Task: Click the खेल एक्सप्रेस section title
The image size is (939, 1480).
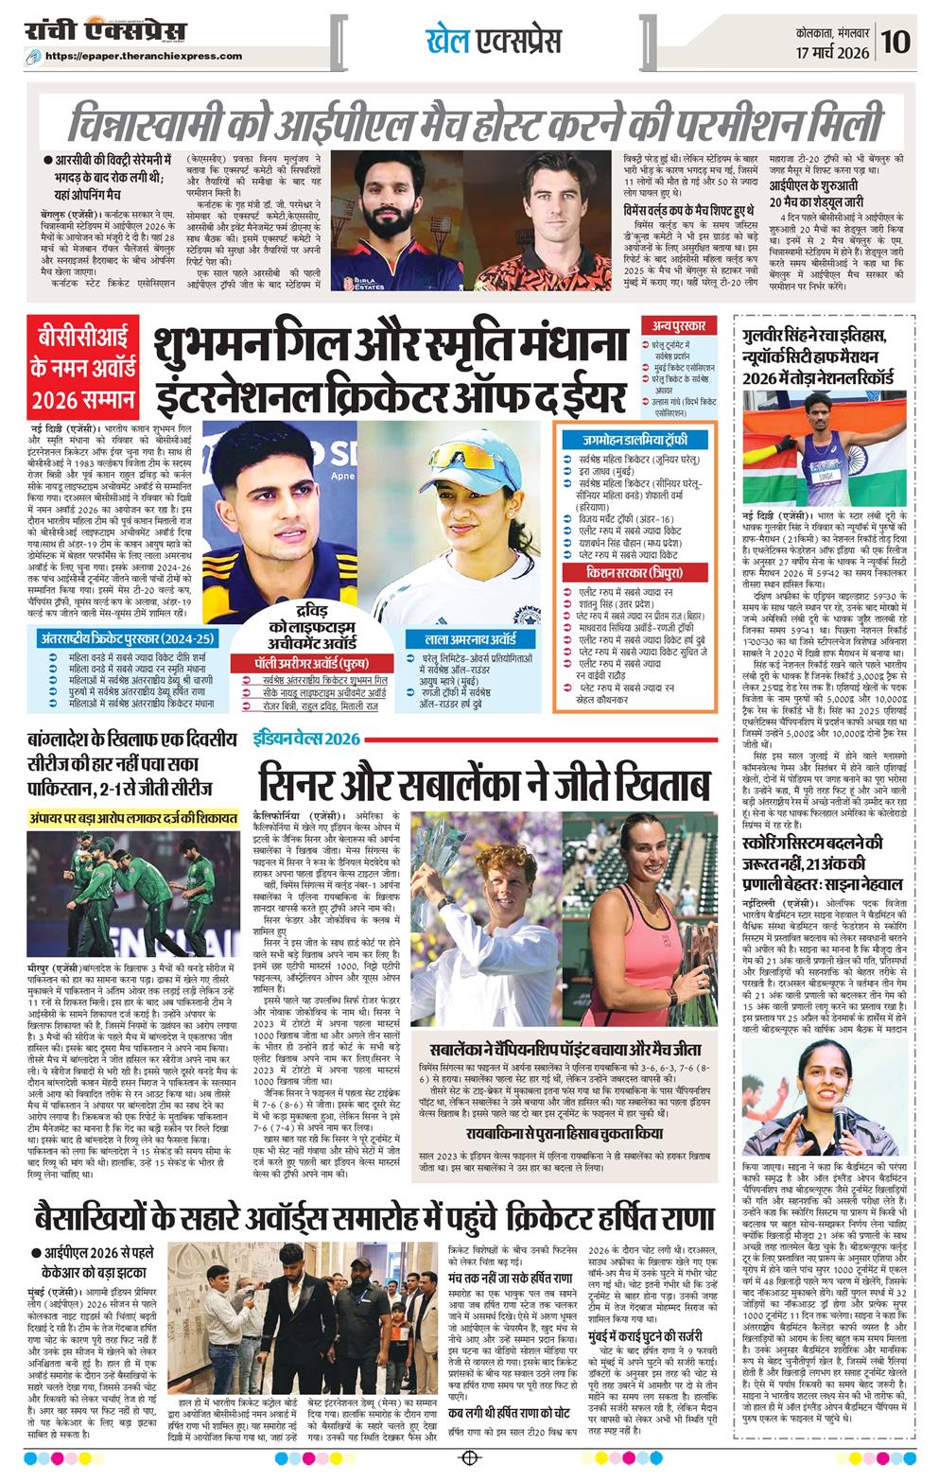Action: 493,41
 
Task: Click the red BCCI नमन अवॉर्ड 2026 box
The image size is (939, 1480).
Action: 80,368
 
